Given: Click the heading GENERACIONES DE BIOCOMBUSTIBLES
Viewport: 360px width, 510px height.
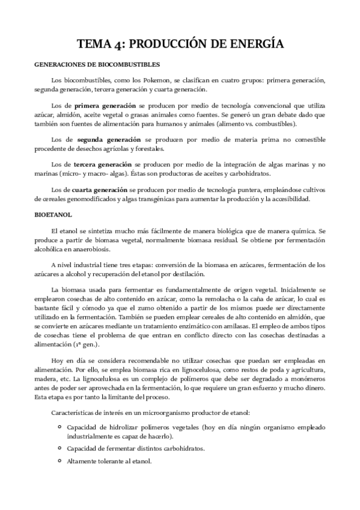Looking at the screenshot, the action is click(97, 64).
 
